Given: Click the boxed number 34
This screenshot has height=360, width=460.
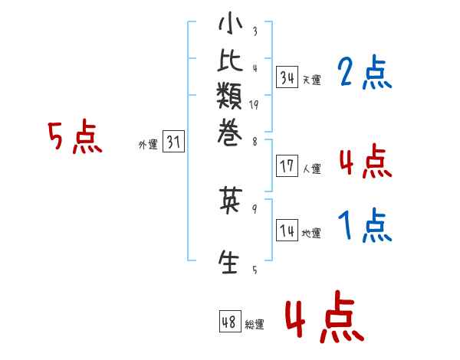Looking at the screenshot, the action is coord(287,77).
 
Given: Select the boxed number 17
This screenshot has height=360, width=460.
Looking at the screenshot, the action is coord(287,165).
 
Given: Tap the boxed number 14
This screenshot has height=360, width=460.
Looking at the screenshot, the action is coord(287,231).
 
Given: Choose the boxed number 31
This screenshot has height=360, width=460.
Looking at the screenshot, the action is coord(174,142).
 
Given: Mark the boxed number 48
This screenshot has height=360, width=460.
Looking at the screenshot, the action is coord(229,322).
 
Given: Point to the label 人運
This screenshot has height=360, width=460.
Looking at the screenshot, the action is coord(311,169).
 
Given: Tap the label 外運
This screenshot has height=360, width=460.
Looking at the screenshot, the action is coord(148,144).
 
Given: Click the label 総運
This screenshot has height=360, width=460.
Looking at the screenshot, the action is coord(254,325).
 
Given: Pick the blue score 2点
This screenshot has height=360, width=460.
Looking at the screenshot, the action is coord(363,74).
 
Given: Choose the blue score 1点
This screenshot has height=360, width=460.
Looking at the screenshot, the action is coord(364,225).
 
